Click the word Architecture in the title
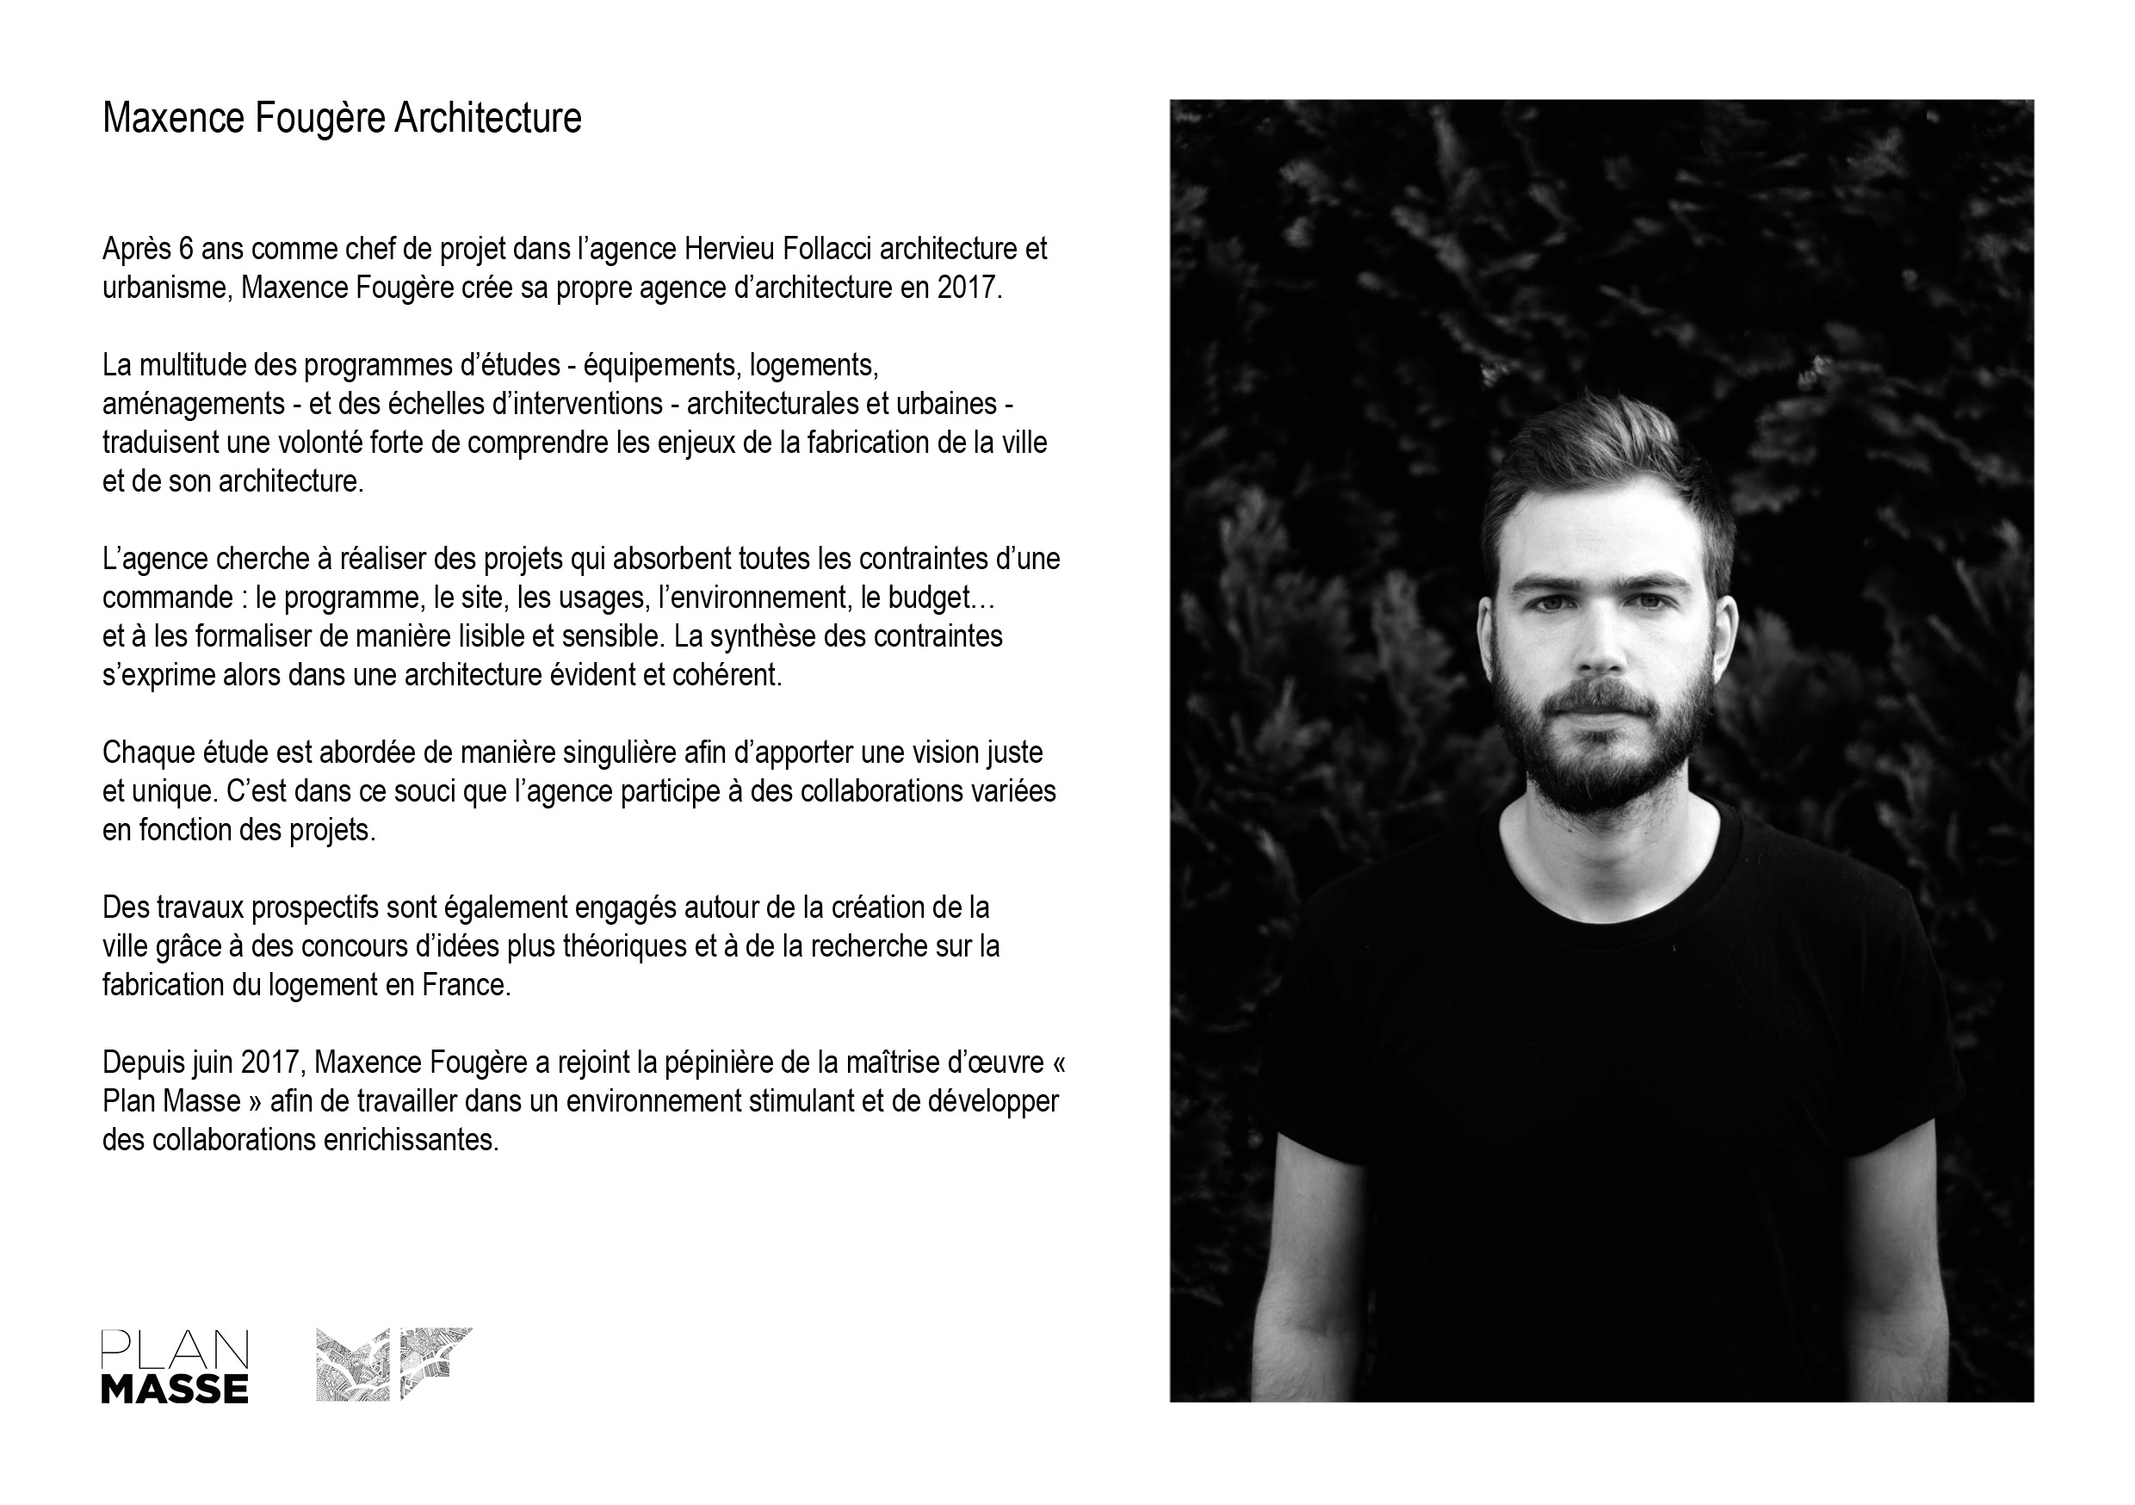point(487,118)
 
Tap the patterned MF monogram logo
point(394,1364)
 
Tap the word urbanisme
point(165,288)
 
